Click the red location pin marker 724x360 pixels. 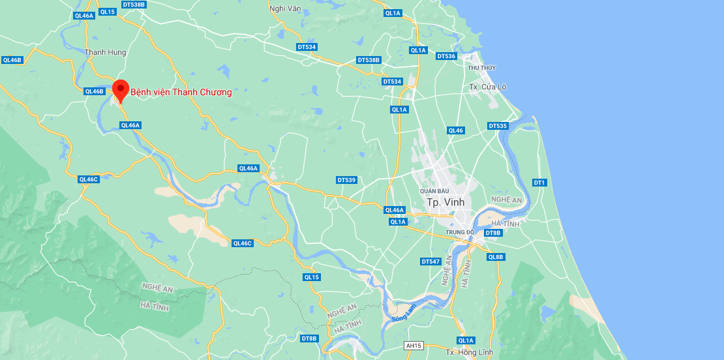[120, 90]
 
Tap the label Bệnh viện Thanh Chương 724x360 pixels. [181, 92]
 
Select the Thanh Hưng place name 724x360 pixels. [105, 52]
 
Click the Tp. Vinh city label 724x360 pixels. [445, 202]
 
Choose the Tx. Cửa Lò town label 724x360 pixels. [488, 87]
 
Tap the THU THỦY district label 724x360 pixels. [482, 68]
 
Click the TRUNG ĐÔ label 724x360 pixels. [460, 232]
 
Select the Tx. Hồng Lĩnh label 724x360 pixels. [468, 352]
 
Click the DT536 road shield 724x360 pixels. [446, 56]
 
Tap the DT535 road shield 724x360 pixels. [498, 126]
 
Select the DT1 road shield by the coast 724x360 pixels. [539, 183]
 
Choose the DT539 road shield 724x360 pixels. [346, 180]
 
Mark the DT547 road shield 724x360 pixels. [431, 262]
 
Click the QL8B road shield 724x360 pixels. [496, 257]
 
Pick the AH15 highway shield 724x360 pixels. [414, 346]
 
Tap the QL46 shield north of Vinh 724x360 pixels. [456, 130]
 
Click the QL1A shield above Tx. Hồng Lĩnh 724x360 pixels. [466, 340]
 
